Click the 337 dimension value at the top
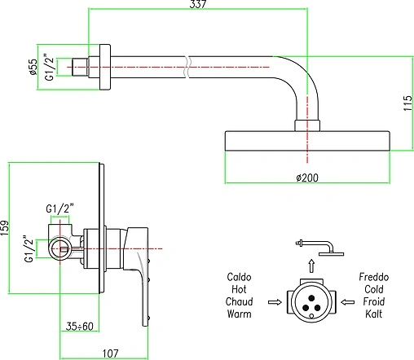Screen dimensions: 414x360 point(198,4)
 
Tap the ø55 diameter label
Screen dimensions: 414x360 point(33,67)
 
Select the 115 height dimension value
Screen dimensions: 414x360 point(407,103)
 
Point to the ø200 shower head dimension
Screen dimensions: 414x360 point(307,178)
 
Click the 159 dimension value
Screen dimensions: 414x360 point(5,228)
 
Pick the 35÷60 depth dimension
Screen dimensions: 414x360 point(80,326)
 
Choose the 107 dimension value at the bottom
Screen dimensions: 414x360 point(111,353)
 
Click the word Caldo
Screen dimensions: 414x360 point(239,277)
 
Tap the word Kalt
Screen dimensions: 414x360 point(373,314)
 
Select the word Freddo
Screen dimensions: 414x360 point(374,277)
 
